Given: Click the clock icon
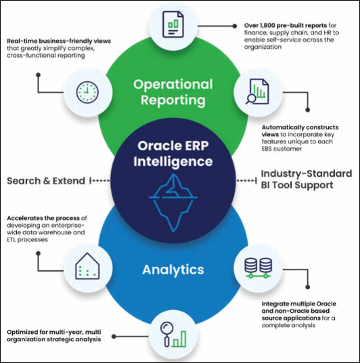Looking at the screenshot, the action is [87, 92].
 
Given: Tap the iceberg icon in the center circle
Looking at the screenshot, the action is [173, 202].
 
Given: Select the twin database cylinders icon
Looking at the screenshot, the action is [258, 268].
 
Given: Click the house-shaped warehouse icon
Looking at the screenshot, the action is [87, 265].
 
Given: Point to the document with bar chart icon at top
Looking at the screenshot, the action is [173, 24].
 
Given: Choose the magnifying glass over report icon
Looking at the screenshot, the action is [257, 91].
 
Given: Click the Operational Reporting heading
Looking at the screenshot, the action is [173, 92].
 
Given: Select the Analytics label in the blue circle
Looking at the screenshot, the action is [173, 270].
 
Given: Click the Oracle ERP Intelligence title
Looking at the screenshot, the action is [173, 154].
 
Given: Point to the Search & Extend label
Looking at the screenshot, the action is [46, 181].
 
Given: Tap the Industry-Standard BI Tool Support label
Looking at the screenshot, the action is [307, 179].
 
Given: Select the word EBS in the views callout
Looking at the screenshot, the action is [267, 148].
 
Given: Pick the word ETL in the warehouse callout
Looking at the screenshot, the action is [12, 240].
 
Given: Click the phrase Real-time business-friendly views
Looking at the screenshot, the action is [59, 41].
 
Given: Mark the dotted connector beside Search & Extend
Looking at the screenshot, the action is [99, 181].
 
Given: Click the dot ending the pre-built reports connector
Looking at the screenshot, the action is [235, 26].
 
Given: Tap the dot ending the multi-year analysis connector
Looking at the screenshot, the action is [114, 337].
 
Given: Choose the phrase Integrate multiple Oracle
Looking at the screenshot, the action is [298, 303].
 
